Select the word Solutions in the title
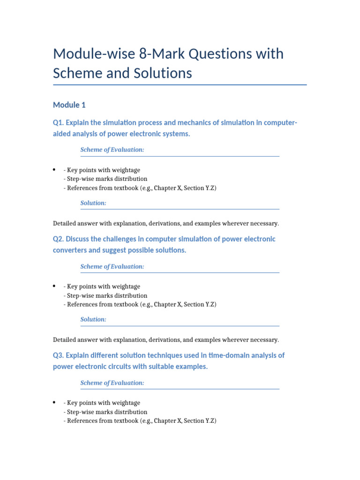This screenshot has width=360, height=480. click(160, 74)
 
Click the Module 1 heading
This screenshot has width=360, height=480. click(69, 105)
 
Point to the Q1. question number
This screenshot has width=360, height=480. click(58, 123)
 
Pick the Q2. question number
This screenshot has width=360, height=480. click(58, 239)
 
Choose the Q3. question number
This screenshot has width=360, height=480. click(58, 355)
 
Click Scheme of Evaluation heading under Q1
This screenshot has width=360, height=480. click(112, 150)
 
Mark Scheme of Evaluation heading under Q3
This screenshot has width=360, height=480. click(112, 383)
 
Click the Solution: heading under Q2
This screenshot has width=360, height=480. click(93, 319)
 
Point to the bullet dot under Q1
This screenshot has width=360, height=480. click(55, 170)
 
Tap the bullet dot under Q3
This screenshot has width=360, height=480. click(55, 403)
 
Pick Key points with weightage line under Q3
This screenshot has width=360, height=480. click(103, 403)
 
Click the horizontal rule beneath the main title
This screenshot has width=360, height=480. click(180, 85)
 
